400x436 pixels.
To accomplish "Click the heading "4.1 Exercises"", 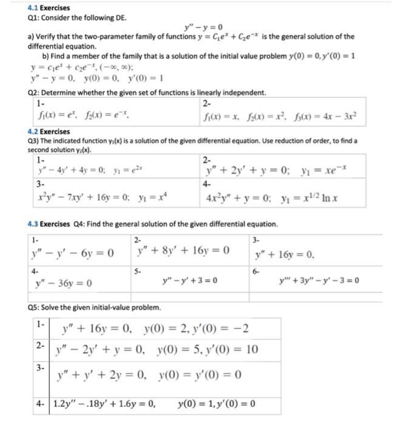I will tap(49, 8).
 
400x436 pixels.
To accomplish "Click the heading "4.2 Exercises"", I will tap(49, 132).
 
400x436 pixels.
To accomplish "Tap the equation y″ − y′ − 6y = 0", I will tap(73, 252).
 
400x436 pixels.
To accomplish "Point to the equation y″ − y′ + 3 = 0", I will tap(190, 280).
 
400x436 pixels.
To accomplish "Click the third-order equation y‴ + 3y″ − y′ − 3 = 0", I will tap(319, 280).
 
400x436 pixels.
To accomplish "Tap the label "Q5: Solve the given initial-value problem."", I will tap(94, 308).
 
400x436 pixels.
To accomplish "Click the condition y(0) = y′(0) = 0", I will tap(200, 375).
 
